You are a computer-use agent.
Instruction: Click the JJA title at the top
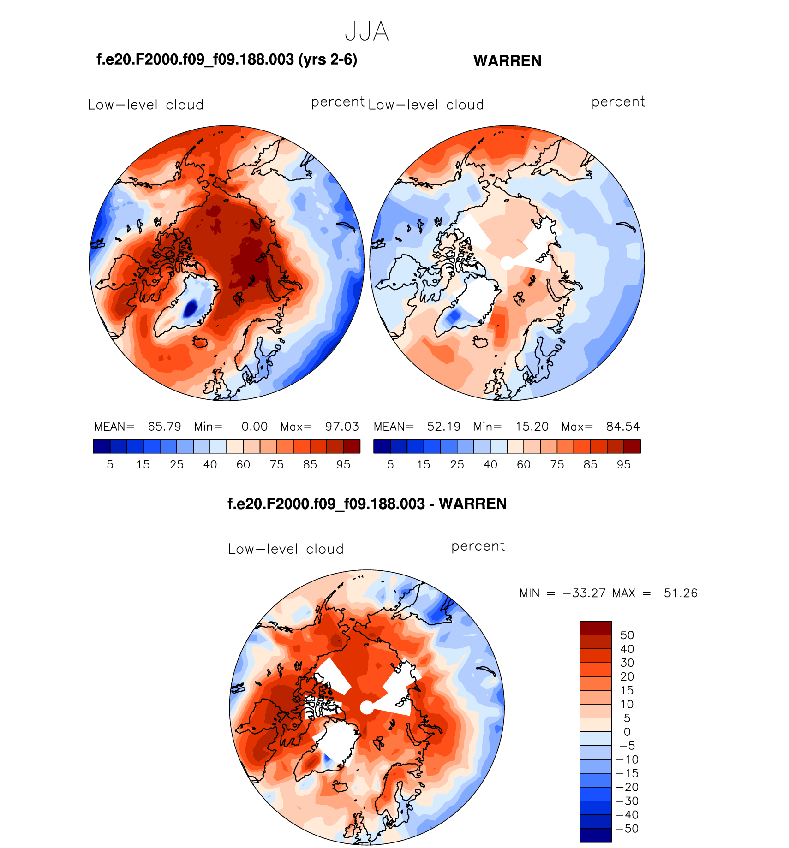coord(367,31)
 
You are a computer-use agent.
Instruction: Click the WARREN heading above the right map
coord(507,61)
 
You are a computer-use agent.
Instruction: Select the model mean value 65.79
coord(164,427)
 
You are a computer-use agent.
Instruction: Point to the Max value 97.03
coord(342,427)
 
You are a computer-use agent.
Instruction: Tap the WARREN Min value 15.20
coord(532,427)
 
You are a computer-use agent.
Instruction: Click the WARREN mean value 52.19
coord(443,427)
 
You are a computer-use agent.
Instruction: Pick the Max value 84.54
coord(623,427)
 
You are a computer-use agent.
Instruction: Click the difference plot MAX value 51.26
coord(681,593)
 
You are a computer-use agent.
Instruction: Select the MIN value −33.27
coord(584,593)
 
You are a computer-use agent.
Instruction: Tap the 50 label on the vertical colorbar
coord(627,635)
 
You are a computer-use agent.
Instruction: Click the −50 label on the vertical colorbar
coord(627,829)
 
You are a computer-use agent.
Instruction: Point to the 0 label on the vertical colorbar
coord(627,732)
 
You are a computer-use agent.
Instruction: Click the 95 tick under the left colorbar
coord(343,465)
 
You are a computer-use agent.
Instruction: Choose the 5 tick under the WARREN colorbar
coord(390,465)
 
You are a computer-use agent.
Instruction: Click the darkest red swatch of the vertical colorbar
coord(596,628)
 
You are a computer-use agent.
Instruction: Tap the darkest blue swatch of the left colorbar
coord(102,446)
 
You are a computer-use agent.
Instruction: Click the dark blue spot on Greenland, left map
coord(190,308)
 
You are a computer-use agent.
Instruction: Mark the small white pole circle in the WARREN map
coord(507,263)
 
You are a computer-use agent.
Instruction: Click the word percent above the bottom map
coord(478,546)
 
